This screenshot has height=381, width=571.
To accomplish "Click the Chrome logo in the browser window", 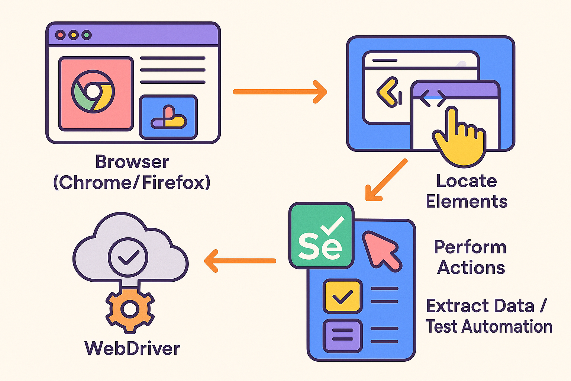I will pyautogui.click(x=93, y=92).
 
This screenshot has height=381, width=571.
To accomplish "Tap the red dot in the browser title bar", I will pyautogui.click(x=61, y=35).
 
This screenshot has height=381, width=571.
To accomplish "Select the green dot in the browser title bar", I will pyautogui.click(x=87, y=35).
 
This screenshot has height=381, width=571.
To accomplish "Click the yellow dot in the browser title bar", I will pyautogui.click(x=74, y=35).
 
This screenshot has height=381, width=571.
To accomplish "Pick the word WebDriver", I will pyautogui.click(x=132, y=349).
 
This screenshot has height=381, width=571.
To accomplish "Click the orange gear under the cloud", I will pyautogui.click(x=130, y=309).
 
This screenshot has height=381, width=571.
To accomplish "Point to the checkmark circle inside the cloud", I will pyautogui.click(x=128, y=257).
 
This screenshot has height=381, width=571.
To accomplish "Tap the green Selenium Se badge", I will pyautogui.click(x=321, y=236).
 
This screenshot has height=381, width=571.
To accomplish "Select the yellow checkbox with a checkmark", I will pyautogui.click(x=342, y=296).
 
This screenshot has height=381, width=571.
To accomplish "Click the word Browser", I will pyautogui.click(x=132, y=162).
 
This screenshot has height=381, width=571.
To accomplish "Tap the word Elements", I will pyautogui.click(x=467, y=202).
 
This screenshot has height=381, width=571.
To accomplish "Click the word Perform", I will pyautogui.click(x=470, y=247).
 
